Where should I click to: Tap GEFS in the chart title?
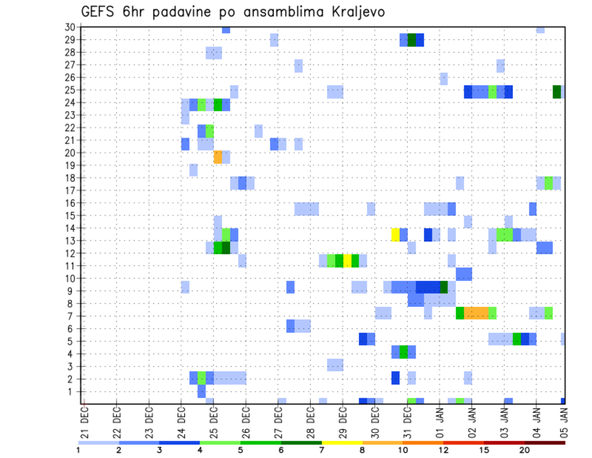(99, 12)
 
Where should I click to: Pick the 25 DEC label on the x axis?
(213, 422)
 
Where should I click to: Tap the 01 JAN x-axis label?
(440, 422)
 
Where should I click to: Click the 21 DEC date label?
(84, 422)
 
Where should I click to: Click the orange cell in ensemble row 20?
(218, 157)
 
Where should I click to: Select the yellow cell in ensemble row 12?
(347, 260)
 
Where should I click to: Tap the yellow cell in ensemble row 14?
(395, 235)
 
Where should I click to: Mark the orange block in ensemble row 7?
(476, 313)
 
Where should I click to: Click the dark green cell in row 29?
(412, 40)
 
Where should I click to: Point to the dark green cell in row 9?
(443, 288)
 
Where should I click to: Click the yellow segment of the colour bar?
(342, 443)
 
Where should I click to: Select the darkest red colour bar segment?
(545, 443)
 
